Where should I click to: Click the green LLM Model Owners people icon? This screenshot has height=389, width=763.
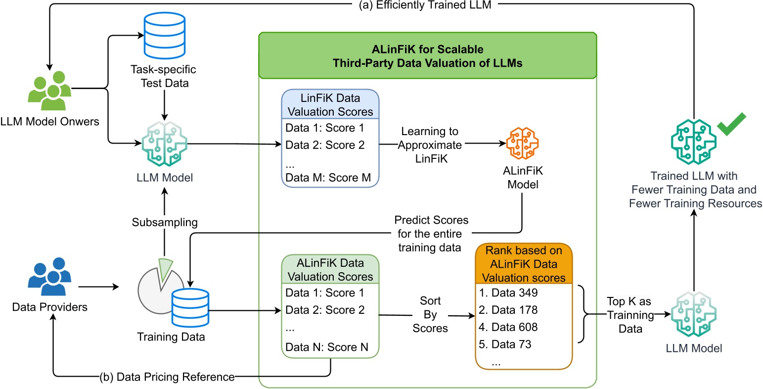[x=49, y=91]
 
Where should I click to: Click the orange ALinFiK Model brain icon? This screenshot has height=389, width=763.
[x=523, y=144]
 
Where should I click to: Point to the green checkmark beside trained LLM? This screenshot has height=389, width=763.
[x=731, y=125]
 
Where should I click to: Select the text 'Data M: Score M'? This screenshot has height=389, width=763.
[x=327, y=178]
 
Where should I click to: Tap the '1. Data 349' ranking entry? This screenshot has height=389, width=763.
[x=508, y=292]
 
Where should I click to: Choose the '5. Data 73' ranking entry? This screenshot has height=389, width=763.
[x=505, y=344]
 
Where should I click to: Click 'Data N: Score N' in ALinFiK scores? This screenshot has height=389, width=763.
[x=326, y=347]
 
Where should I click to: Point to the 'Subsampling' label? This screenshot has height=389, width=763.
[x=165, y=222]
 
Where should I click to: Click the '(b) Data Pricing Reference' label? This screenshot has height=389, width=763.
[x=167, y=377]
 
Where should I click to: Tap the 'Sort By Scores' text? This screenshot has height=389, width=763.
[x=430, y=314]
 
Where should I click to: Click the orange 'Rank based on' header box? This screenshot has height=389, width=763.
[x=524, y=264]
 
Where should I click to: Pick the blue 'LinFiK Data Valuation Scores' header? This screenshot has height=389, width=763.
[x=330, y=105]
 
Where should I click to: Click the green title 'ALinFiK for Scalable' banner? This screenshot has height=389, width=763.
[x=427, y=56]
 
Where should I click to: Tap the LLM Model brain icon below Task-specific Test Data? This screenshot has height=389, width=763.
[x=165, y=144]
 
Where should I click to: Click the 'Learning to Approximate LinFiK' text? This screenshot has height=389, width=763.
[x=430, y=145]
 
